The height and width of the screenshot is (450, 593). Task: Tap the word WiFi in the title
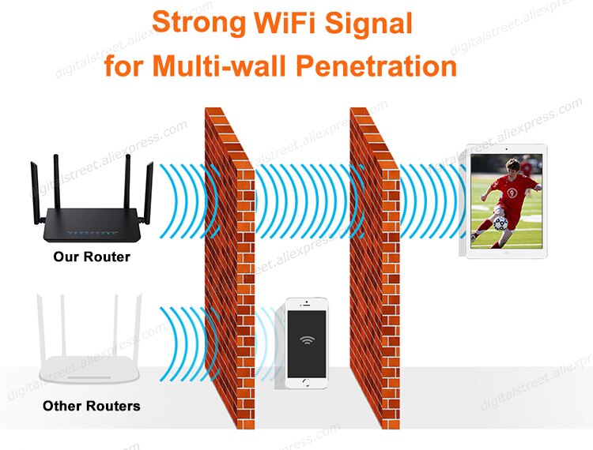click(285, 23)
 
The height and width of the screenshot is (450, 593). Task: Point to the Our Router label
click(92, 257)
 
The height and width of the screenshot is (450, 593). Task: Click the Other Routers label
click(92, 406)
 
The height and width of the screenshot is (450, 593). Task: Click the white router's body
click(90, 369)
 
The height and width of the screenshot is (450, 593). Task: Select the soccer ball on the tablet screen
click(500, 223)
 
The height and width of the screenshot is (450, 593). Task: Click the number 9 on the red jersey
click(512, 193)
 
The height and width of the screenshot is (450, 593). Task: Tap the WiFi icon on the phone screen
click(307, 340)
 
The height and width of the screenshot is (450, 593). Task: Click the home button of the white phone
click(306, 383)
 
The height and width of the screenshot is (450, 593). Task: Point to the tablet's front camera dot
click(506, 149)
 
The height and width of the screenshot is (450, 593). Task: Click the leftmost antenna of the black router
click(36, 193)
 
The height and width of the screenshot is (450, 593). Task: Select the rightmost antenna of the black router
click(149, 192)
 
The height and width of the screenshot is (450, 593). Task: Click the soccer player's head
click(513, 167)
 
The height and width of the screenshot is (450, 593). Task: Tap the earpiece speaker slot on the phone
click(306, 305)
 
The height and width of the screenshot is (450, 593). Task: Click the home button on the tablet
click(507, 253)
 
